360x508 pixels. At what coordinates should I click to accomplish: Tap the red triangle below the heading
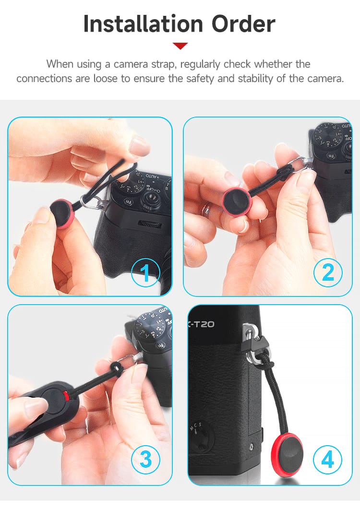(180, 46)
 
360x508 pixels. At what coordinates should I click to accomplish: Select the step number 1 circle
(145, 272)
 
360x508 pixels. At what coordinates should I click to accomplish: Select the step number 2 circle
(328, 272)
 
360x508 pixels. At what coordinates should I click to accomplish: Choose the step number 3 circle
(145, 459)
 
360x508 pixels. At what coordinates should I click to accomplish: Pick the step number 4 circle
(328, 459)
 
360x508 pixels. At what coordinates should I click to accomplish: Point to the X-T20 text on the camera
(202, 324)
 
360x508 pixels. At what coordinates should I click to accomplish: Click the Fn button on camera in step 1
(129, 202)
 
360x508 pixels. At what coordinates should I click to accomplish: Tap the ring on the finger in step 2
(206, 210)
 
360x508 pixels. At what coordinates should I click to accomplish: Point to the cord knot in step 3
(115, 368)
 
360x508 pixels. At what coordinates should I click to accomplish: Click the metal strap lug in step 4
(249, 331)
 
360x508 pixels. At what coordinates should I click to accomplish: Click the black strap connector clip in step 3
(48, 403)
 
